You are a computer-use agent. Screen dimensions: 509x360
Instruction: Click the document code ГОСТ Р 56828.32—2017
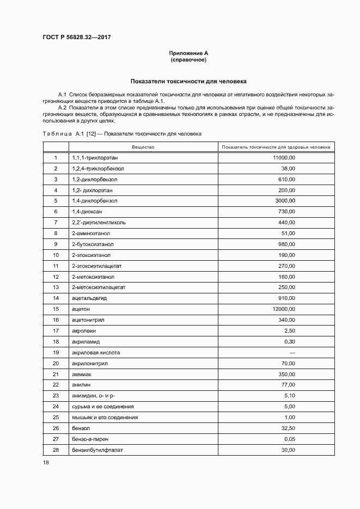coord(77,37)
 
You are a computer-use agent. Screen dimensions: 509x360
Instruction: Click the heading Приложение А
coord(188,53)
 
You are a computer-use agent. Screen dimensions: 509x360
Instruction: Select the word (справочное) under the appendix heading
coord(188,59)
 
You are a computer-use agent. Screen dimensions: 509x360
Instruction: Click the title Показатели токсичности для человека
coord(188,81)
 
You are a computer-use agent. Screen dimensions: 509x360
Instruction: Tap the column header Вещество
coord(143,147)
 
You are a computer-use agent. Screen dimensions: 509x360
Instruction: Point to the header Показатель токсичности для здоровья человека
coord(276,147)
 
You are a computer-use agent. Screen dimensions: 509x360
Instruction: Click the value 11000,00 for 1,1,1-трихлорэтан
coord(284,157)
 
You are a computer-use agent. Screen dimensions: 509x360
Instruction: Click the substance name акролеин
coord(84,330)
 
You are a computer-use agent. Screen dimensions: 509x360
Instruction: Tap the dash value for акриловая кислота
coord(292,352)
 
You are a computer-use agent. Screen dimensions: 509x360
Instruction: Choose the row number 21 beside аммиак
coord(56,374)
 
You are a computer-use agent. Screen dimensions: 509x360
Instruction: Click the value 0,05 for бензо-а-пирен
coord(289,439)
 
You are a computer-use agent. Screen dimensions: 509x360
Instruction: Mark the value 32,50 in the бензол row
coord(288,428)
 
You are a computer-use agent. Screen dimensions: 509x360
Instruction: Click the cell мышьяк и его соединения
coord(105,417)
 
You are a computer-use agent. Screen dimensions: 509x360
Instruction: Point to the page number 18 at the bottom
coord(46,463)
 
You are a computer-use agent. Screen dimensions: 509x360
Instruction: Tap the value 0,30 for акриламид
coord(289,341)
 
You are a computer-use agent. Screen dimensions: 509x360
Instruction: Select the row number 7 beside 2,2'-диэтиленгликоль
coord(56,222)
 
